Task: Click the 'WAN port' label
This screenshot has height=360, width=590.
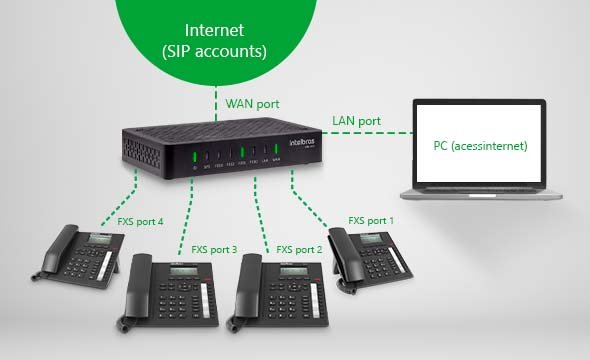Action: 253,104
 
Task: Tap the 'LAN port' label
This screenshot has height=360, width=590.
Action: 356,121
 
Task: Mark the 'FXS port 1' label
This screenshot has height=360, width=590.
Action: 371,220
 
